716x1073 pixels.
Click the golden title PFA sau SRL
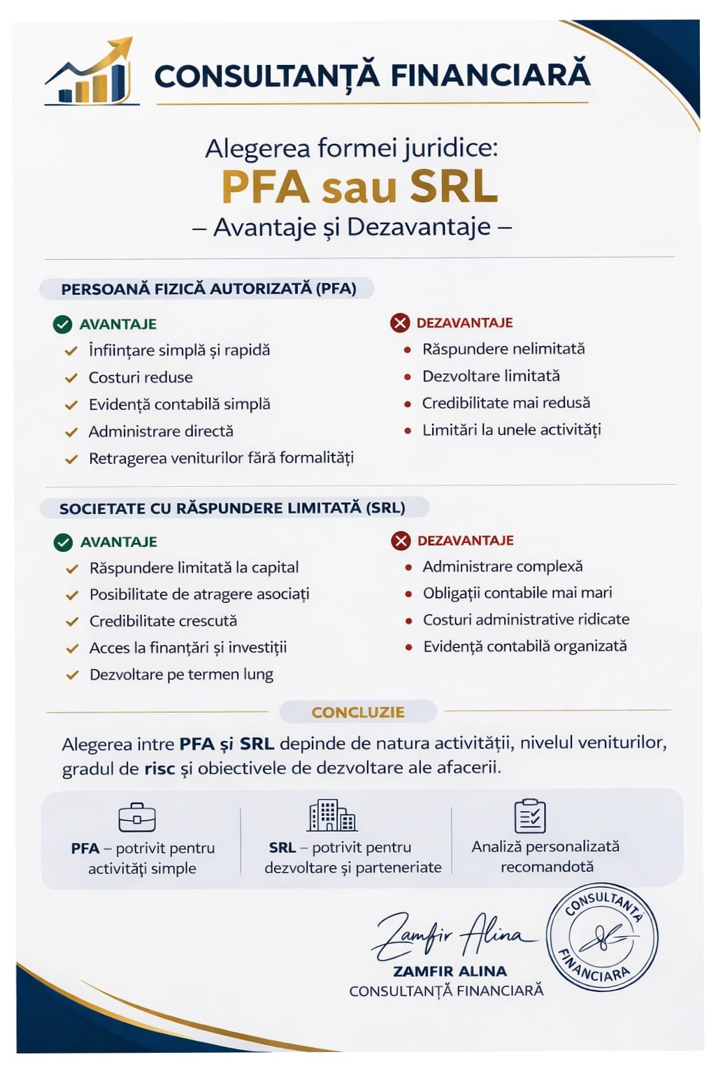tap(359, 187)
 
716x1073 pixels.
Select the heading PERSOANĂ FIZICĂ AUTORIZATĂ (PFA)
tap(208, 289)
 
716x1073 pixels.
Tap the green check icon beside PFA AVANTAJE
tap(63, 324)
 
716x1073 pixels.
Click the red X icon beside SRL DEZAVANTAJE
tap(401, 541)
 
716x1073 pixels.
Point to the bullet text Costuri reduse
tap(141, 377)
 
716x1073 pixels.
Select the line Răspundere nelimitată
tap(503, 349)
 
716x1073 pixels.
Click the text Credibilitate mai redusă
tap(506, 402)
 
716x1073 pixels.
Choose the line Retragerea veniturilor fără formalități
tap(221, 458)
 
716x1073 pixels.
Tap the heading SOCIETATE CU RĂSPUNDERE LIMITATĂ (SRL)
tap(232, 508)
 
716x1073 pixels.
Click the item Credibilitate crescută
tap(163, 621)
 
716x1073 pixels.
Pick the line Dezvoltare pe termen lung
tap(181, 675)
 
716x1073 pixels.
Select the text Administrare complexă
tap(502, 567)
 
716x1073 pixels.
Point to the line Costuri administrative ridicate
tap(526, 620)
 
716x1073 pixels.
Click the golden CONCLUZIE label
tap(358, 712)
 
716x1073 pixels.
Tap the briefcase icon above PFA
tap(137, 817)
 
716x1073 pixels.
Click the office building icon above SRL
tap(332, 815)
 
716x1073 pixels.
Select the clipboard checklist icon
tap(530, 815)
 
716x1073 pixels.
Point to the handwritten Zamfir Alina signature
tap(451, 935)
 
